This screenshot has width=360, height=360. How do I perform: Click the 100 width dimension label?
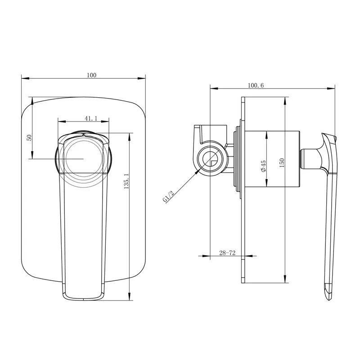(92, 75)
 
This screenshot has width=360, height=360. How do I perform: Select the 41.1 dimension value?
(90, 118)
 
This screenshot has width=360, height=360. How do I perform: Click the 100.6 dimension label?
(256, 85)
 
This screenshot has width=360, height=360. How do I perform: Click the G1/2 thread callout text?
(169, 196)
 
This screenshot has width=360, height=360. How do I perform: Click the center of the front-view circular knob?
(83, 159)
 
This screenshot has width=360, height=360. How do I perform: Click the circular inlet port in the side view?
(210, 159)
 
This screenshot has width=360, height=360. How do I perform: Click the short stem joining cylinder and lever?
(309, 158)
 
